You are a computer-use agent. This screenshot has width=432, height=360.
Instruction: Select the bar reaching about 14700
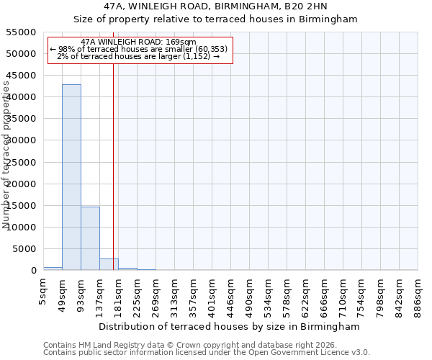tap(90, 238)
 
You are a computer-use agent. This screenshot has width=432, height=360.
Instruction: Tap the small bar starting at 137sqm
tap(109, 264)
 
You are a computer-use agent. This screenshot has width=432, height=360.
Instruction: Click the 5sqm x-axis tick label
tap(44, 289)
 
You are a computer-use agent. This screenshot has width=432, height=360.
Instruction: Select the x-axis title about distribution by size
tap(230, 326)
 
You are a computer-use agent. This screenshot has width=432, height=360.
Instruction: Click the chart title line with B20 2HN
tap(216, 6)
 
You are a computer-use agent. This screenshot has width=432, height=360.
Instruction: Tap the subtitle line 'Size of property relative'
tap(216, 19)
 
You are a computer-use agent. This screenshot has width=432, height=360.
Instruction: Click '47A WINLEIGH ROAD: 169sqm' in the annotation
tap(138, 42)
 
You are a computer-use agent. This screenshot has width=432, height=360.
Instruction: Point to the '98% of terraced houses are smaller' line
tap(138, 49)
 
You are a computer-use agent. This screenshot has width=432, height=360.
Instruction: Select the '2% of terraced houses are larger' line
tap(138, 56)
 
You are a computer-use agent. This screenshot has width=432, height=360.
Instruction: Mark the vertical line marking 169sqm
tap(113, 166)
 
